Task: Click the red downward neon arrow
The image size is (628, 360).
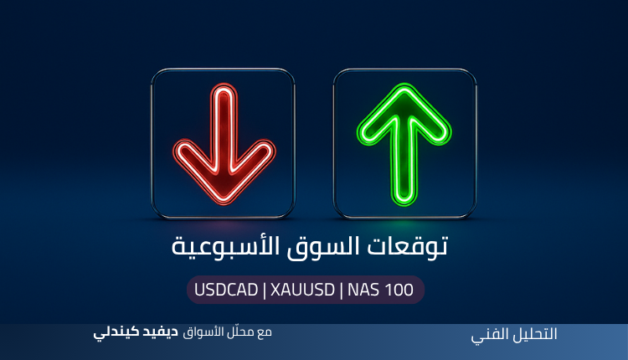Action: [x=224, y=144]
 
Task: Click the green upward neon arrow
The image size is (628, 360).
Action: [x=404, y=144]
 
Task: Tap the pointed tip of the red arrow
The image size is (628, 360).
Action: [x=224, y=203]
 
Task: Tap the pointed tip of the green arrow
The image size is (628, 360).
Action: [x=404, y=85]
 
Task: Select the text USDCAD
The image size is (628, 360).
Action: [x=226, y=290]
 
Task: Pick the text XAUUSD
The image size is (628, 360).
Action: [x=302, y=290]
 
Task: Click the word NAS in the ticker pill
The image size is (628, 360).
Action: [x=363, y=290]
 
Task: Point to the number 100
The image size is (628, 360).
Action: [x=399, y=290]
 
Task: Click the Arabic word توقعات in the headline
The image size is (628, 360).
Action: [x=407, y=245]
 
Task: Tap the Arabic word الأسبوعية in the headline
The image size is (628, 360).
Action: [x=225, y=245]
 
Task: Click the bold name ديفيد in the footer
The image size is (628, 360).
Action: [x=161, y=332]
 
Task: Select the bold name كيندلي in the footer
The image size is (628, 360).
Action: [x=116, y=332]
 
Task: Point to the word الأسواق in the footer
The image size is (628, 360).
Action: [x=204, y=332]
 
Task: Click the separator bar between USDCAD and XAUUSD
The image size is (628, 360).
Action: [x=264, y=290]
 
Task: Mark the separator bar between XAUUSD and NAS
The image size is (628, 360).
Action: [x=341, y=290]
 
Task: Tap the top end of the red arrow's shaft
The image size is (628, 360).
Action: [x=224, y=86]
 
